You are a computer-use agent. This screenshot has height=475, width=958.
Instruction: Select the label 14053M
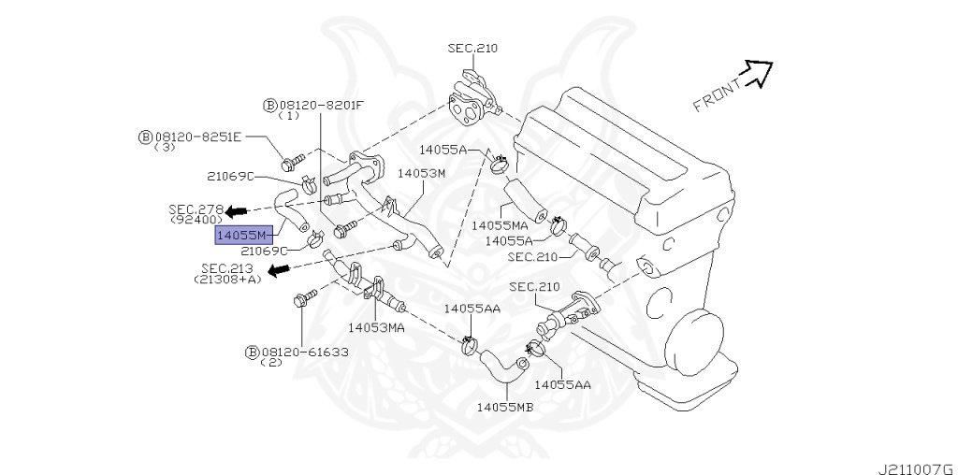click(x=421, y=173)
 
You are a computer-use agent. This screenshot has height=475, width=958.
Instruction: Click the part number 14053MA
click(x=376, y=327)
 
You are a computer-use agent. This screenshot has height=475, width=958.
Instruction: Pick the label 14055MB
click(x=504, y=407)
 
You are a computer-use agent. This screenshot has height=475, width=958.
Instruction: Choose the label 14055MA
click(x=500, y=225)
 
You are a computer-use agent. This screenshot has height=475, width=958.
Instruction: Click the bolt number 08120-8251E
click(x=197, y=137)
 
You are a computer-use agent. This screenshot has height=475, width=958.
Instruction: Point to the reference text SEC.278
click(x=196, y=209)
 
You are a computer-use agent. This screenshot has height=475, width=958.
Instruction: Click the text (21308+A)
click(x=228, y=280)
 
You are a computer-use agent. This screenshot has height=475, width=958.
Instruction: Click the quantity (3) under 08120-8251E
click(x=164, y=148)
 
